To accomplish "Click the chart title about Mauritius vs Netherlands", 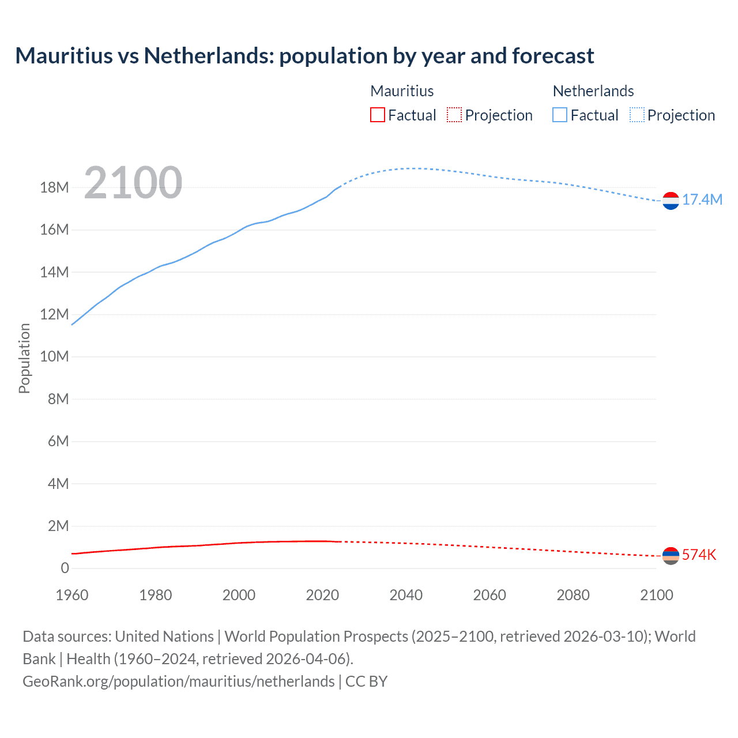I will (x=304, y=56).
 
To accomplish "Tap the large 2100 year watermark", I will (x=133, y=183).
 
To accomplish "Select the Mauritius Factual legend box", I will (x=378, y=115).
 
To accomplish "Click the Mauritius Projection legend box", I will (x=454, y=115).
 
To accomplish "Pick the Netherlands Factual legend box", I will (x=560, y=115).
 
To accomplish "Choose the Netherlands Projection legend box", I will (x=637, y=115).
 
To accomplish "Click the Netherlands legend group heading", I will (x=593, y=91).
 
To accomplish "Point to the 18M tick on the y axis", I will (x=55, y=187).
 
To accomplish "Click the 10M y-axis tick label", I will (x=55, y=356).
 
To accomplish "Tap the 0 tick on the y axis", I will (x=65, y=568).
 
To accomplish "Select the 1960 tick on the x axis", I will (x=72, y=595).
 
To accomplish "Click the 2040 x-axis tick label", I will (x=406, y=595).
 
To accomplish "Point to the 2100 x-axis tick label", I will (x=656, y=595).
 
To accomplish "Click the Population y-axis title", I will (x=24, y=358).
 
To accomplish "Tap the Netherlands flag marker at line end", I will (x=671, y=201).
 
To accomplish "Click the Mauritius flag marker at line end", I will (x=671, y=556).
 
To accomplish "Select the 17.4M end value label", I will (x=702, y=199).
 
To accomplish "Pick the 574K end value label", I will (x=699, y=555).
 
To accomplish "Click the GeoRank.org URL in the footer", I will (x=178, y=681).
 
